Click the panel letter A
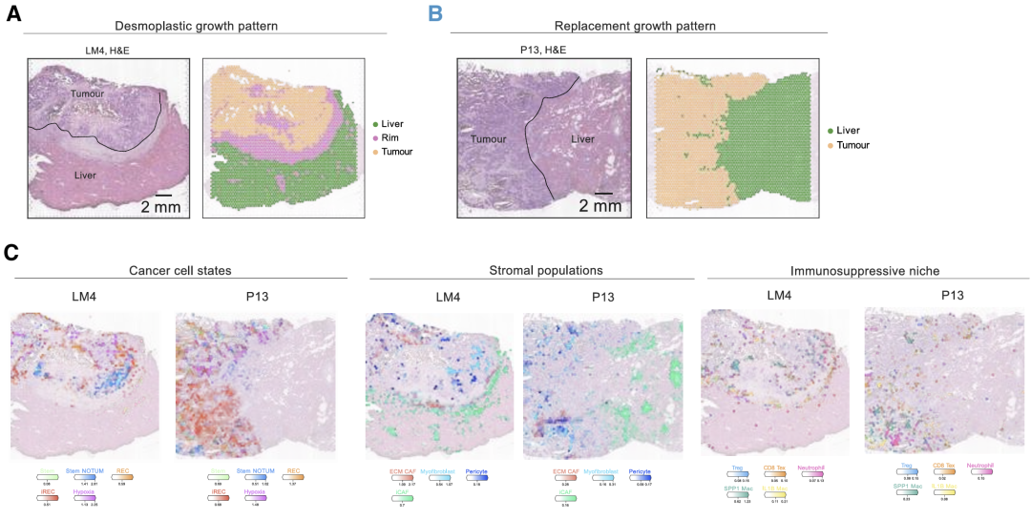pyautogui.click(x=15, y=16)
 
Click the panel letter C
pyautogui.click(x=12, y=253)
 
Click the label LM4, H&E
pyautogui.click(x=110, y=52)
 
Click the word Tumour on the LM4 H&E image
pyautogui.click(x=87, y=94)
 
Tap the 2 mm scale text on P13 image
pyautogui.click(x=599, y=206)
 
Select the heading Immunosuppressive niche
pyautogui.click(x=857, y=271)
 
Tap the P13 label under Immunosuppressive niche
pyautogui.click(x=928, y=297)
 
